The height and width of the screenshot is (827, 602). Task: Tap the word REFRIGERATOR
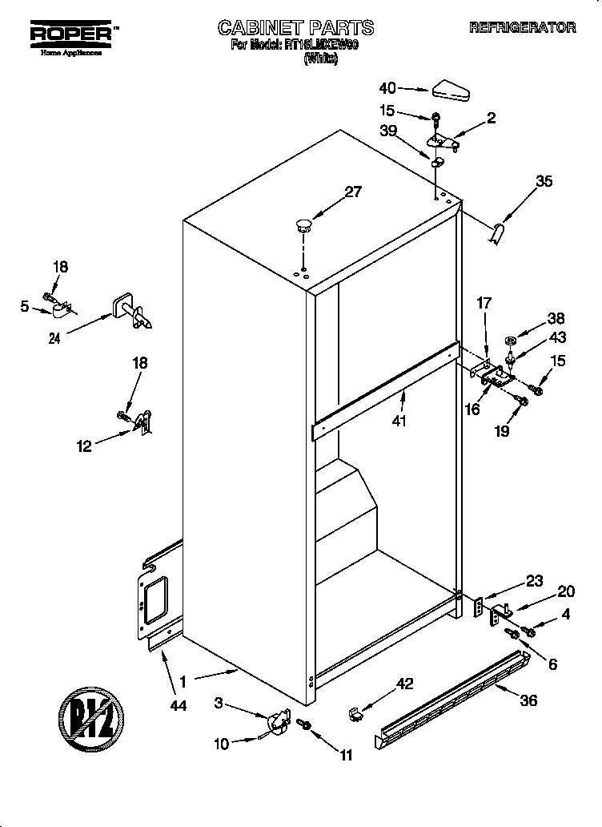tap(522, 28)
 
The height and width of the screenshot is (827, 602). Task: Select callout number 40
tap(387, 88)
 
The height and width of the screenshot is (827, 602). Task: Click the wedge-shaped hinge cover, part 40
tap(452, 91)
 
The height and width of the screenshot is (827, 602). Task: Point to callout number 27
tap(352, 192)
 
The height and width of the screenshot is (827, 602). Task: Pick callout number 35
tap(544, 181)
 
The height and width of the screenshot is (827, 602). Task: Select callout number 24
tap(54, 337)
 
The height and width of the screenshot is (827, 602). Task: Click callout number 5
tap(25, 305)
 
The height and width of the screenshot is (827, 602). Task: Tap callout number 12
tap(84, 447)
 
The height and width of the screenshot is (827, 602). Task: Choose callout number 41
tap(399, 420)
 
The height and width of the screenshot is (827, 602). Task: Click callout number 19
tap(501, 430)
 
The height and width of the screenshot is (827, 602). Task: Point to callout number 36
tap(528, 699)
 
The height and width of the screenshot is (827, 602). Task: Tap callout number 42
tap(406, 684)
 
